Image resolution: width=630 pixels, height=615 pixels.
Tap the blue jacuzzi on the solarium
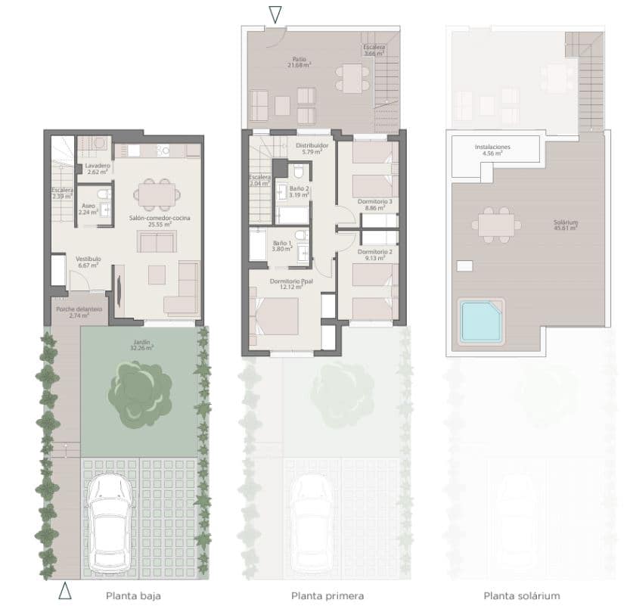tap(481, 321)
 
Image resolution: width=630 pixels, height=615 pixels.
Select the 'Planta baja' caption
tap(133, 596)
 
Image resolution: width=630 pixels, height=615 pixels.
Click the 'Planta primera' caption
tap(327, 596)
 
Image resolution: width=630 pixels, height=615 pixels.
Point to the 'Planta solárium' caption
tap(522, 596)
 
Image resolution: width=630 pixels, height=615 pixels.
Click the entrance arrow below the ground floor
tap(65, 591)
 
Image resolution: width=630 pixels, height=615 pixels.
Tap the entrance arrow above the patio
tap(275, 14)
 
